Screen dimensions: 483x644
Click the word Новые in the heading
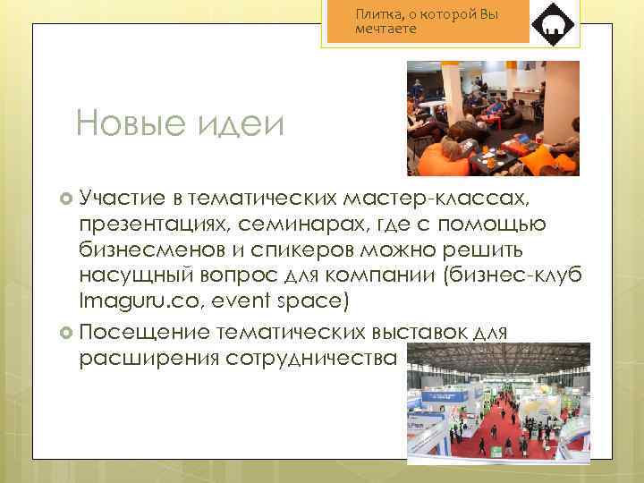[125, 123]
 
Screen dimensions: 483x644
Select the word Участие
[119, 196]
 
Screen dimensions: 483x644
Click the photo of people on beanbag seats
[493, 118]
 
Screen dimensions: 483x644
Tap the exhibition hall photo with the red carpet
[498, 404]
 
